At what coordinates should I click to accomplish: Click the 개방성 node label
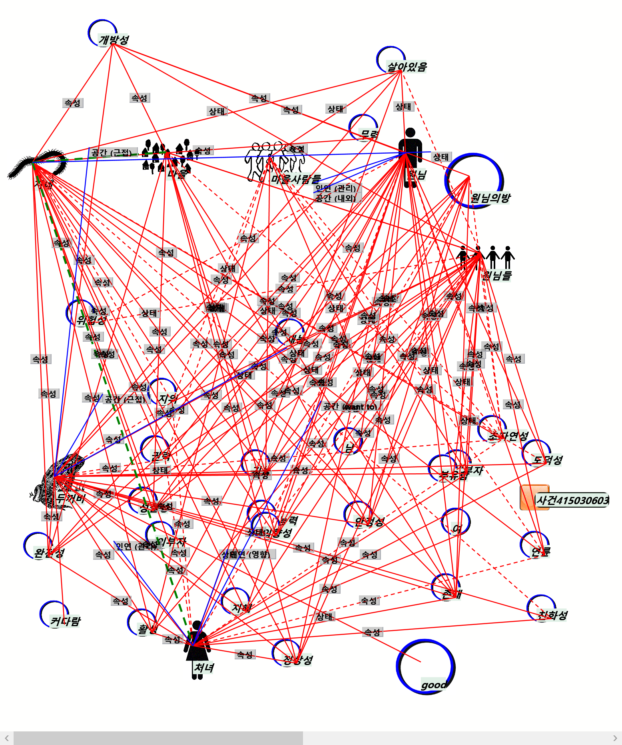[x=114, y=40]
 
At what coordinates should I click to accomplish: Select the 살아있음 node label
[x=407, y=66]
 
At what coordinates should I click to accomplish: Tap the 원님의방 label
[x=490, y=198]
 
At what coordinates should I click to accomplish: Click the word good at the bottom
[x=434, y=685]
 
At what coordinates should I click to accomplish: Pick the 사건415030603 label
[x=572, y=500]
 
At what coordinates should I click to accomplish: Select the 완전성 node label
[x=49, y=553]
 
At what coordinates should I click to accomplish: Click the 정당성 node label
[x=298, y=660]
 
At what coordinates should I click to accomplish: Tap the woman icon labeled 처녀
[x=197, y=648]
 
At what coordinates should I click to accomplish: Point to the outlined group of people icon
[x=274, y=160]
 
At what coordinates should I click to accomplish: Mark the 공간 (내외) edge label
[x=336, y=198]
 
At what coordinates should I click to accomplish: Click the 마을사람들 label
[x=296, y=179]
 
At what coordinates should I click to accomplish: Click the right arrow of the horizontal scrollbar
[x=615, y=738]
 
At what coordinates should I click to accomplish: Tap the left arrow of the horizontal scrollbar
[x=7, y=738]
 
